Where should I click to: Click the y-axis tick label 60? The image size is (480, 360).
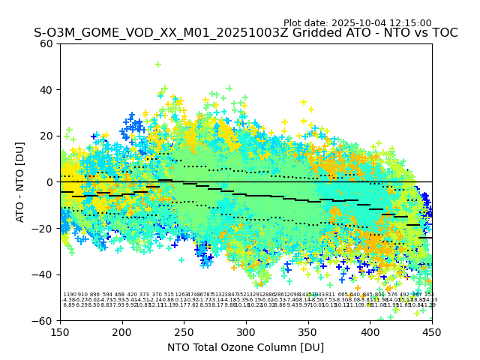tap(46, 43)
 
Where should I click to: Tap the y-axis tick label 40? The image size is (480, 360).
tap(46, 90)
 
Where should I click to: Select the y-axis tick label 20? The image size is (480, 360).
tap(46, 136)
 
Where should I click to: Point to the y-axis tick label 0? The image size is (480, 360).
tap(49, 182)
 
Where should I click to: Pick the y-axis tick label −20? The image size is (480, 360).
tap(43, 228)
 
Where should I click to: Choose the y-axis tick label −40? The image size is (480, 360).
tap(43, 274)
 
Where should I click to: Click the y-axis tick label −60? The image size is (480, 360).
tap(43, 320)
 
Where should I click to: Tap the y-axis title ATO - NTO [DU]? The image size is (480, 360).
tap(20, 182)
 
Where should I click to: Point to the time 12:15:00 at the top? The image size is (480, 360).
tap(412, 23)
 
